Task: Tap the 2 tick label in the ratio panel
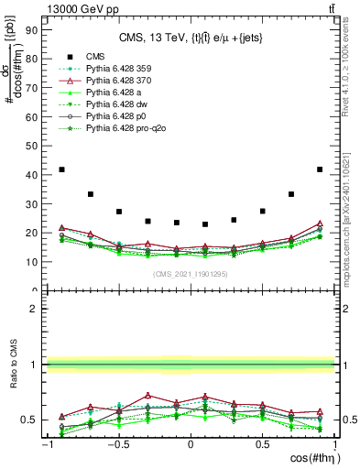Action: coord(34,309)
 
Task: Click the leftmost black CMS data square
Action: coord(61,169)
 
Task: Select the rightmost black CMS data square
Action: coord(320,169)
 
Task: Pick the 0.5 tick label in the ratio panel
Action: coord(30,420)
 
